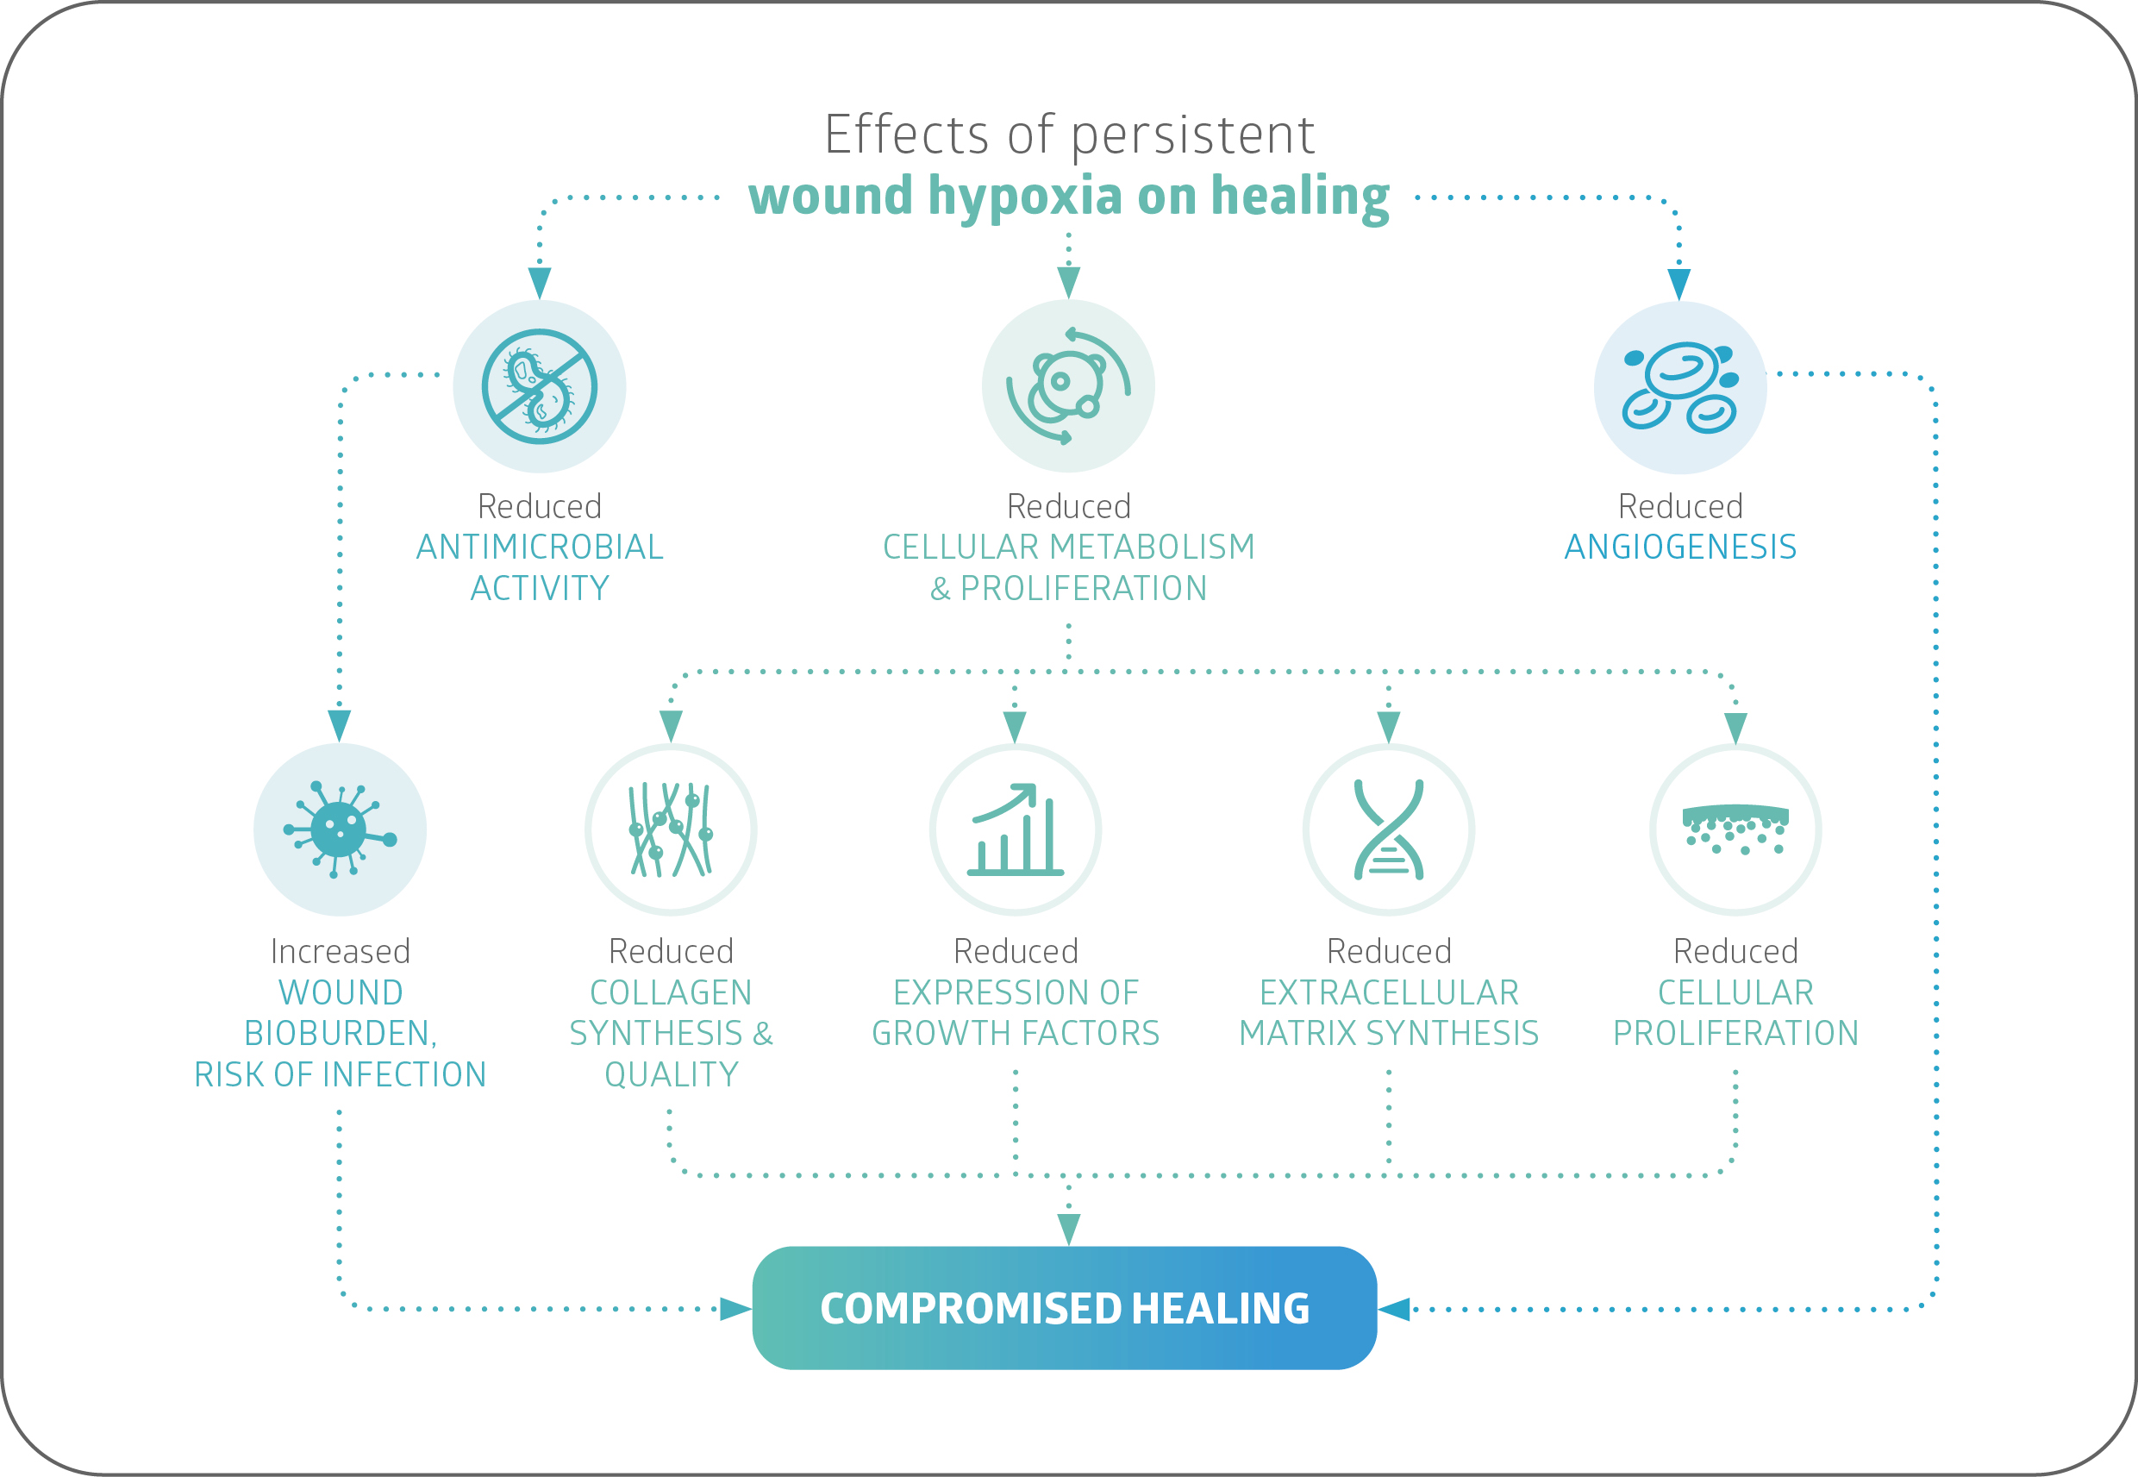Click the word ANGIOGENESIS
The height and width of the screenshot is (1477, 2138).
(x=1680, y=547)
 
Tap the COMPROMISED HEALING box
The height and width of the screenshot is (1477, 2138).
(x=1064, y=1308)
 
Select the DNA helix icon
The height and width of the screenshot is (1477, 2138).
(x=1389, y=829)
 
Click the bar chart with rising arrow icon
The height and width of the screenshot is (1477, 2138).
(x=1015, y=829)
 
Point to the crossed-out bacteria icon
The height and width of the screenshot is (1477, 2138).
(x=540, y=387)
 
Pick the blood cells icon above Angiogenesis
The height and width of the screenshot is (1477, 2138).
(x=1680, y=387)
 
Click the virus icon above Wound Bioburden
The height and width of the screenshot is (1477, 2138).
(x=340, y=829)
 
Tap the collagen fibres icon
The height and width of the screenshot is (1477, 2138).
(x=671, y=829)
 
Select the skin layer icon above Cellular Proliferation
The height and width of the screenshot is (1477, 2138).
(x=1735, y=829)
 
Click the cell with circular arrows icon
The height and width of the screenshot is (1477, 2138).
(x=1067, y=387)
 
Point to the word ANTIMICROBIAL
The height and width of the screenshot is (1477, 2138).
(x=540, y=547)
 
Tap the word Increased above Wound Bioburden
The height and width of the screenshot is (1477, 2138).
(x=340, y=951)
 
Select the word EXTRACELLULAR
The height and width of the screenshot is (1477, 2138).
(x=1389, y=992)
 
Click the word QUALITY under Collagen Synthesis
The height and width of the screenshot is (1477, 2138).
(x=671, y=1074)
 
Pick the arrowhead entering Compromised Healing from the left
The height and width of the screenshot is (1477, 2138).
(x=735, y=1309)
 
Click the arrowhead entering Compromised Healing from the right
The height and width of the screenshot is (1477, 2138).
(x=1393, y=1309)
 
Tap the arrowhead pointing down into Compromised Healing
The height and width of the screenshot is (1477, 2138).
(x=1067, y=1230)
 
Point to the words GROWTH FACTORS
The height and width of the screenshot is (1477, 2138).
(x=1015, y=1033)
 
